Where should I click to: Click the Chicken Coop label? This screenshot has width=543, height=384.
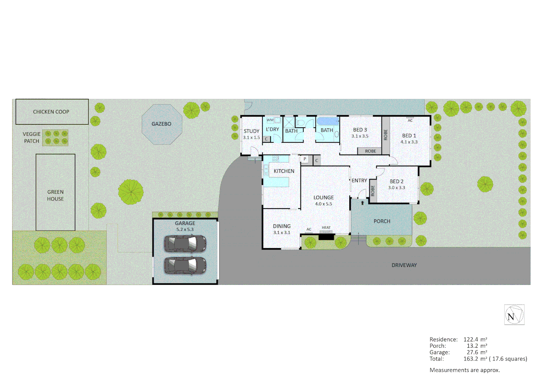coord(51,112)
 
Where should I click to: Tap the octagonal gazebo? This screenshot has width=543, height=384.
coord(162,124)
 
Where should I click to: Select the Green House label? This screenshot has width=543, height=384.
coord(55,195)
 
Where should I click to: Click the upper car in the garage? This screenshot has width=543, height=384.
coord(185,244)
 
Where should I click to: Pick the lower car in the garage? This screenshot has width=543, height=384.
coord(185,266)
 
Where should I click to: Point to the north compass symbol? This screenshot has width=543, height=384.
coord(514,315)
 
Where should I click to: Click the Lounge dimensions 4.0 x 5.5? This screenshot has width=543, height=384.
coord(323,204)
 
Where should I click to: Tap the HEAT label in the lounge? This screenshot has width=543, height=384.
coord(326,228)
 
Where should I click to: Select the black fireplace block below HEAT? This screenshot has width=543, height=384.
coord(326,237)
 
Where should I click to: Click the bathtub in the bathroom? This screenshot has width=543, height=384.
coord(328,121)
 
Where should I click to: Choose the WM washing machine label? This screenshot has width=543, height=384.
coord(270,120)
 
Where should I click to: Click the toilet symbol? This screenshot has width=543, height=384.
coord(300,123)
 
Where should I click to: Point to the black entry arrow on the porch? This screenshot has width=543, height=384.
coord(362,203)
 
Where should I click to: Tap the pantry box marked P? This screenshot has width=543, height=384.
coord(305,159)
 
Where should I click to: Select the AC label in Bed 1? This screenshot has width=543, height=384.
coord(410,120)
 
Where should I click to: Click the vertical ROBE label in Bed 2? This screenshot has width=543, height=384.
coord(373,191)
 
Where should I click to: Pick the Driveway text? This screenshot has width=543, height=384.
coord(404,265)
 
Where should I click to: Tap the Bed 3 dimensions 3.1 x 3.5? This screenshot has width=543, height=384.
coord(360,136)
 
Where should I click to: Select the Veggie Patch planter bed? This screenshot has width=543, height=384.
coord(55,138)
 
